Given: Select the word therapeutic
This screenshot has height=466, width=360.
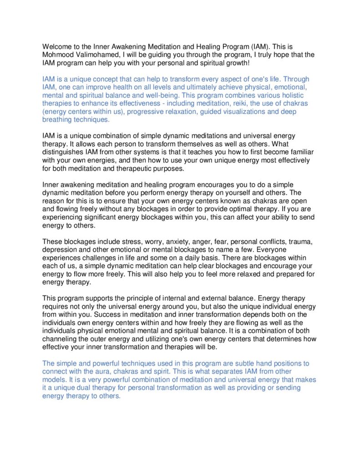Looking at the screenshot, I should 149,169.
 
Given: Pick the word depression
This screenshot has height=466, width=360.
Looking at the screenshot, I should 61,250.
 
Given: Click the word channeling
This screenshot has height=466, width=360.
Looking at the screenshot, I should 61,339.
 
